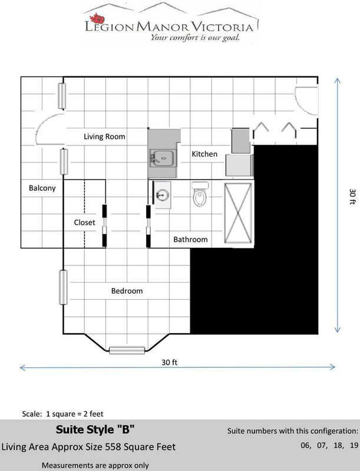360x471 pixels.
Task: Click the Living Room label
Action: (x=104, y=137)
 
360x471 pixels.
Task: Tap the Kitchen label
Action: (x=204, y=154)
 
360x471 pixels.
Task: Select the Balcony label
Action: (x=42, y=188)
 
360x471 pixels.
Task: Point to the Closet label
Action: (x=84, y=223)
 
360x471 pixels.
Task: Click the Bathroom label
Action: (x=190, y=240)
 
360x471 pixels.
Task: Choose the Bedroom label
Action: (x=127, y=291)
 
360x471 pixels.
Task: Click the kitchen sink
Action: (x=162, y=158)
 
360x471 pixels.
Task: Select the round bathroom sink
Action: (x=162, y=195)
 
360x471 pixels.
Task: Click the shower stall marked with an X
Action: (x=238, y=213)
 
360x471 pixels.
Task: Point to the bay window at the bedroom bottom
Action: (x=127, y=350)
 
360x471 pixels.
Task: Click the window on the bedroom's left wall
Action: (x=63, y=287)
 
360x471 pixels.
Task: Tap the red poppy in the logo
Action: (x=97, y=19)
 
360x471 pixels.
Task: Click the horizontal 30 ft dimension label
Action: (x=170, y=363)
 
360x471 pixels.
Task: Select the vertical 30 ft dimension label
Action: (x=353, y=197)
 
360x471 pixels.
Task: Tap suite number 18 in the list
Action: (x=338, y=445)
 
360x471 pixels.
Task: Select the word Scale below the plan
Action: (x=32, y=414)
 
